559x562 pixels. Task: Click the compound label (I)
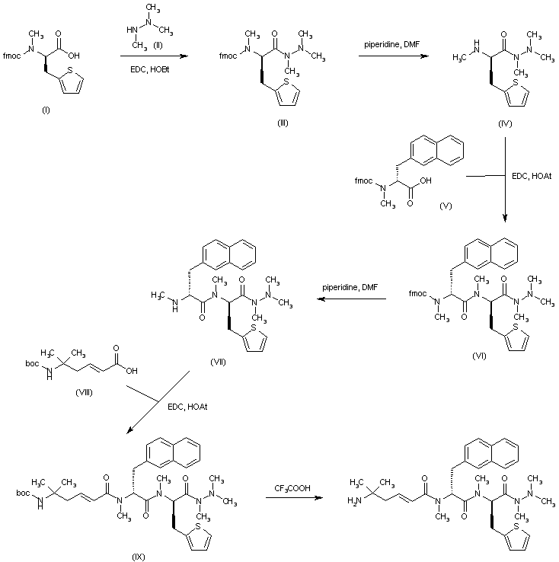(x=46, y=110)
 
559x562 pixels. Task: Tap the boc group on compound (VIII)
(x=32, y=364)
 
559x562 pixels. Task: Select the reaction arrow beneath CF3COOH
(x=292, y=499)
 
